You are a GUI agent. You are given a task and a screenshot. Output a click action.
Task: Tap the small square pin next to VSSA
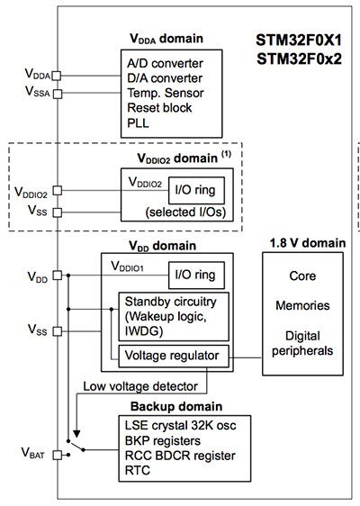(x=57, y=93)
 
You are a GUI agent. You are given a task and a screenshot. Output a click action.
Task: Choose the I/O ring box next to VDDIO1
(x=195, y=274)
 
